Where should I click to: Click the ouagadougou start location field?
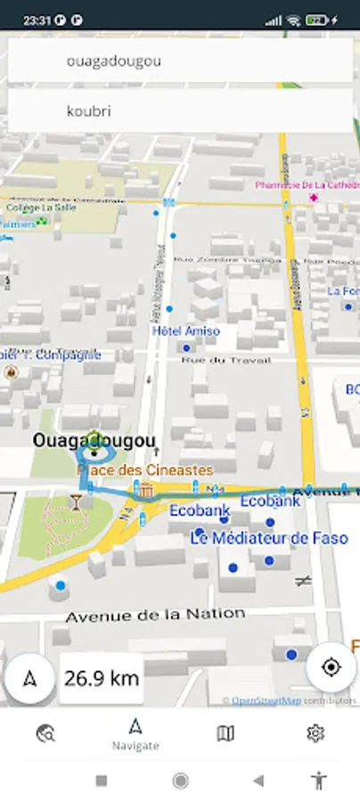click(180, 61)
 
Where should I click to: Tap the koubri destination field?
click(180, 111)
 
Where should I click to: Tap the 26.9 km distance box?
click(102, 678)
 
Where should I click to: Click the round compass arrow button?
click(30, 678)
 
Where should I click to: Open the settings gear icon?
click(315, 733)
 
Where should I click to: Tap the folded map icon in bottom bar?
click(225, 733)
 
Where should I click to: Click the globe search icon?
click(45, 733)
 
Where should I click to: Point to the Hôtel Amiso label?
click(185, 331)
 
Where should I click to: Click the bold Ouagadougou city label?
click(94, 440)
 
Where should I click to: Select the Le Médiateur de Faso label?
click(268, 538)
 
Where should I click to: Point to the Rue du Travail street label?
click(225, 360)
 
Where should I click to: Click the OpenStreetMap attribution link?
click(266, 700)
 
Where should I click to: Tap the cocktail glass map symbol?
click(78, 502)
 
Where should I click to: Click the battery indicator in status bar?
click(315, 19)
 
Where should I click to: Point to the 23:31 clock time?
click(36, 19)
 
